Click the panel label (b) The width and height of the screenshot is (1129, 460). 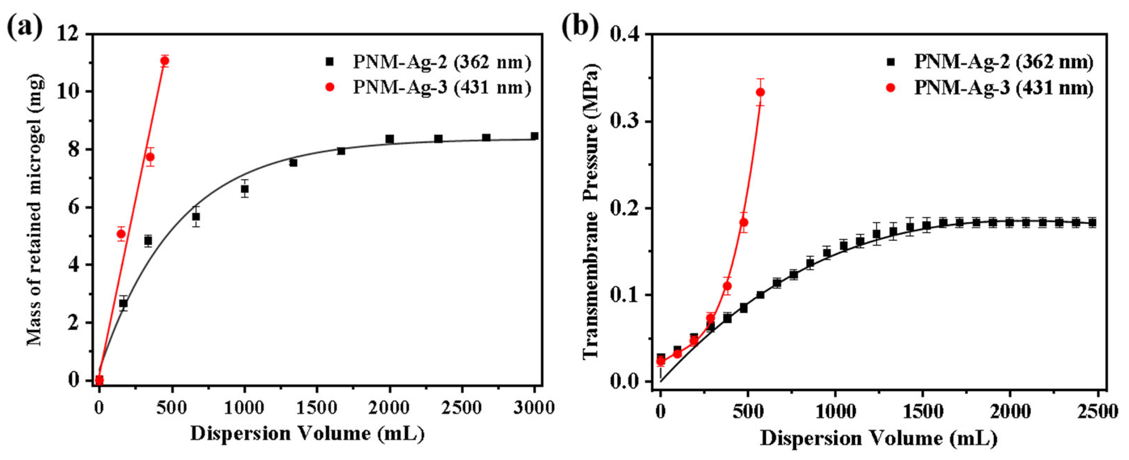point(580,27)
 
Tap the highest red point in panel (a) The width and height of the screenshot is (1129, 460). point(165,61)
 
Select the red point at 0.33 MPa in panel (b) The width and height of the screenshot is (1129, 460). point(760,92)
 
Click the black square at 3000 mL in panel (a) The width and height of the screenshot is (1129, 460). point(534,136)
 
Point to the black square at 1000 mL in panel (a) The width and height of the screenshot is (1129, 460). point(245,189)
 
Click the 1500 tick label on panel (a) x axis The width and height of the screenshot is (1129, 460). point(316,408)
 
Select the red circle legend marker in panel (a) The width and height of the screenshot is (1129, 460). point(330,87)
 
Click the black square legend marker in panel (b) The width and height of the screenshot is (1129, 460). point(890,62)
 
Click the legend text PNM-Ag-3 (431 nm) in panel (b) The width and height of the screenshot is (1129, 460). point(1004,88)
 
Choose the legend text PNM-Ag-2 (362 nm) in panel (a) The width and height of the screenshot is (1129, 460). point(442,62)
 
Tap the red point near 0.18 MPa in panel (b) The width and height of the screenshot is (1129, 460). point(744,222)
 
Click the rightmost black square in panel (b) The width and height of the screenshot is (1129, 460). point(1092,223)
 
